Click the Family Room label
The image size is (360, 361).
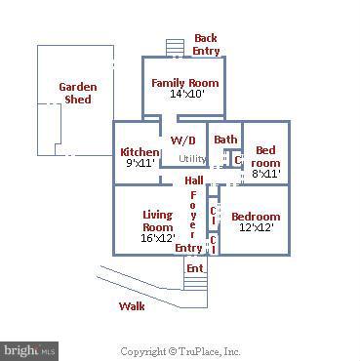pyautogui.click(x=184, y=83)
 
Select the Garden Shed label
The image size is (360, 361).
pyautogui.click(x=77, y=93)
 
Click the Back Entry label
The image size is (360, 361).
pyautogui.click(x=206, y=44)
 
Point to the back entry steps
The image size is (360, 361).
pyautogui.click(x=175, y=48)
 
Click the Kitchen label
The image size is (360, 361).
pyautogui.click(x=140, y=152)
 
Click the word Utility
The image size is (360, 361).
pyautogui.click(x=192, y=159)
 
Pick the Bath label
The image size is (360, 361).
pyautogui.click(x=225, y=140)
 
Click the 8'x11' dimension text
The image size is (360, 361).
pyautogui.click(x=265, y=174)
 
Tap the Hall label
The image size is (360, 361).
pyautogui.click(x=193, y=180)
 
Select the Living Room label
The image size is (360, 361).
pyautogui.click(x=157, y=221)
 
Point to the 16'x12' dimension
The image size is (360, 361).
pyautogui.click(x=157, y=237)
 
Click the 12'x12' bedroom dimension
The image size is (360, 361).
pyautogui.click(x=256, y=228)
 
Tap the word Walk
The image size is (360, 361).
pyautogui.click(x=132, y=305)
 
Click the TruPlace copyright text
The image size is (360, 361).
pyautogui.click(x=180, y=351)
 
